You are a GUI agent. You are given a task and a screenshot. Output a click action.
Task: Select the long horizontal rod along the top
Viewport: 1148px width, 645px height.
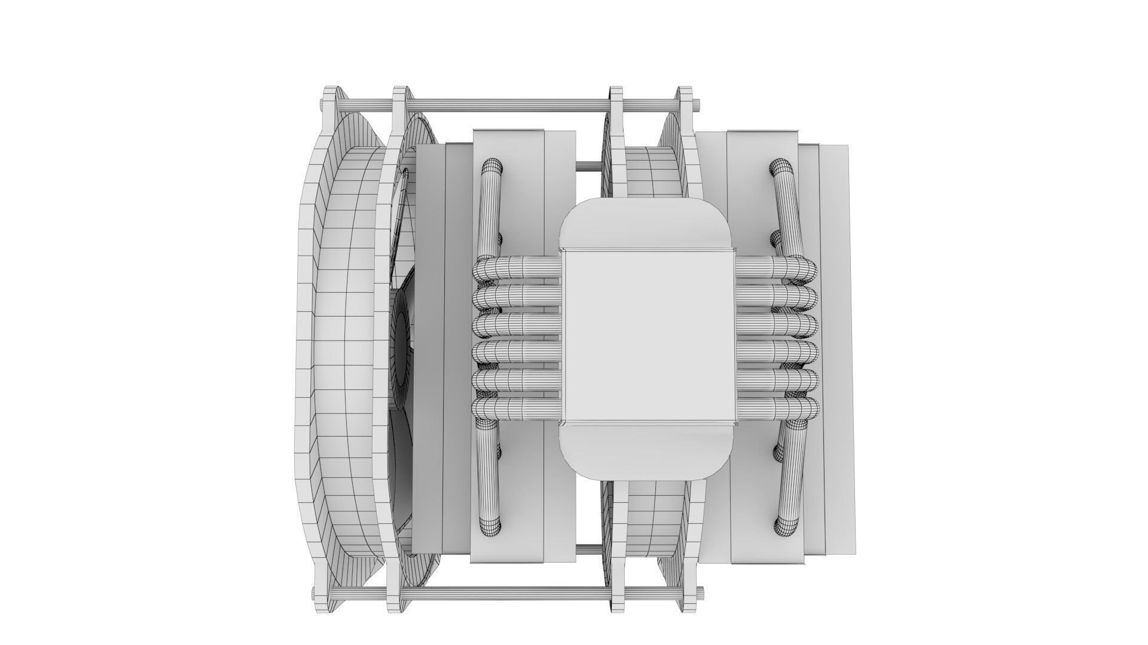508,104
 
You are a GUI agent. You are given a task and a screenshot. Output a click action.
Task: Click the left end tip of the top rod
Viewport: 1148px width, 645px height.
323,104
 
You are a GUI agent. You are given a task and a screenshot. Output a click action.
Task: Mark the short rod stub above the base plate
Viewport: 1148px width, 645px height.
588,164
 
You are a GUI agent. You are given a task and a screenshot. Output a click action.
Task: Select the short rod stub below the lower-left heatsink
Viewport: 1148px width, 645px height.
588,548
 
